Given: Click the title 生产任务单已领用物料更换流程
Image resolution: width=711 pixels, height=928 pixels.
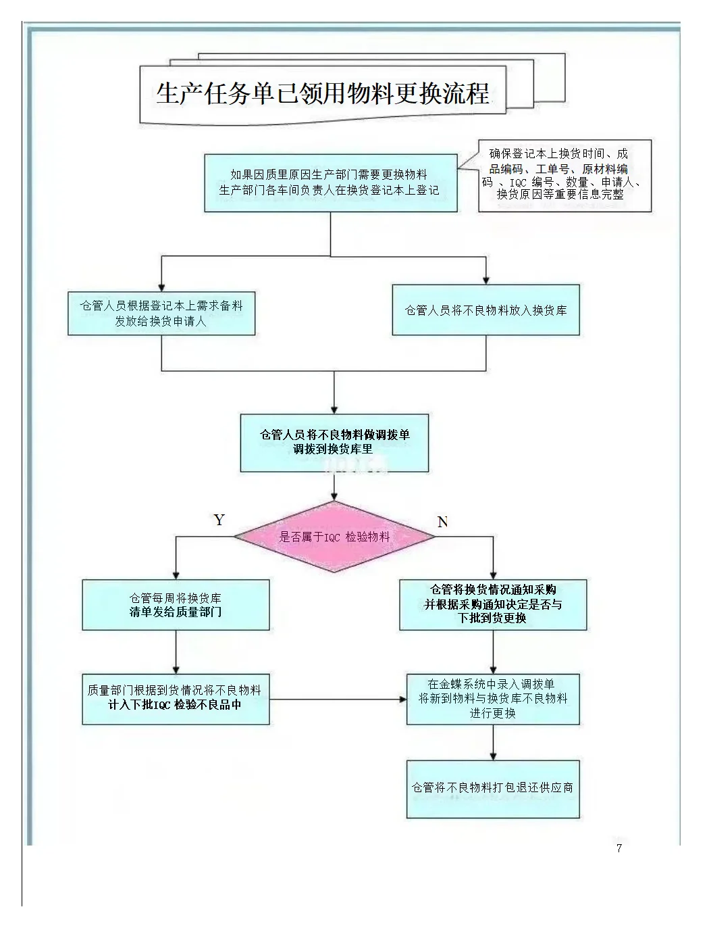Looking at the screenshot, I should [323, 93].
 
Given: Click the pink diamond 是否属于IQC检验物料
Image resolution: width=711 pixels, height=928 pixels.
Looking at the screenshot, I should [335, 537].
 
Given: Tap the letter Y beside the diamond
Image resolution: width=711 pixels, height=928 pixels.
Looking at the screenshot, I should [219, 520].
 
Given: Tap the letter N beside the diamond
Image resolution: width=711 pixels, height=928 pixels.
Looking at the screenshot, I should [443, 522].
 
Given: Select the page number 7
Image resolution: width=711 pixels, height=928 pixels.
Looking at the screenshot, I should [618, 848].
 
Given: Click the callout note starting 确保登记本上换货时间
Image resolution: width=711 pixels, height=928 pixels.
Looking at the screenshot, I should [564, 174].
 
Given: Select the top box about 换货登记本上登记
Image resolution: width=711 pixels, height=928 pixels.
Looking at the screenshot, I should [330, 182].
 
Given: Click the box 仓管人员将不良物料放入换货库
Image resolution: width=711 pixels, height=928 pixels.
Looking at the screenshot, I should [485, 310].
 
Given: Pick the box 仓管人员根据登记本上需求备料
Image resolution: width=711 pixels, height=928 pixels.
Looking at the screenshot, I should [161, 313].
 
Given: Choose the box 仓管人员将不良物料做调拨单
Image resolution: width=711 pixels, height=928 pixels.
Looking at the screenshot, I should [334, 442].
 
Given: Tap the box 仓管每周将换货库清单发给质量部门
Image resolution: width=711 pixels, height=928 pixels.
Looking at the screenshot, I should [176, 605].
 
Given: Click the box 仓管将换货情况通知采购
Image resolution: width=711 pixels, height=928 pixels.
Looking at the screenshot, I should [493, 604].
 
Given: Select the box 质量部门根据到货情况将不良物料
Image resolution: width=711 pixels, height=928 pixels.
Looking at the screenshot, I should [176, 698].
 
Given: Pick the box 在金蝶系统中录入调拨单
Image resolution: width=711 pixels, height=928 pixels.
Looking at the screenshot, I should [493, 698].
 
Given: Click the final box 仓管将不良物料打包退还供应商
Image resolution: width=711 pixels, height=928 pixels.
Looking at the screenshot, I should [493, 788].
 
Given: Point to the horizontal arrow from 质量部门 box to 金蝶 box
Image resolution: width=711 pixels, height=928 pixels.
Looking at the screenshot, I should [338, 699].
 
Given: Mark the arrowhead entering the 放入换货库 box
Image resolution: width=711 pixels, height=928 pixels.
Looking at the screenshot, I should [486, 280].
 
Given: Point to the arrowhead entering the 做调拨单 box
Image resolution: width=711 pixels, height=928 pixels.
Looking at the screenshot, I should [334, 410].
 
